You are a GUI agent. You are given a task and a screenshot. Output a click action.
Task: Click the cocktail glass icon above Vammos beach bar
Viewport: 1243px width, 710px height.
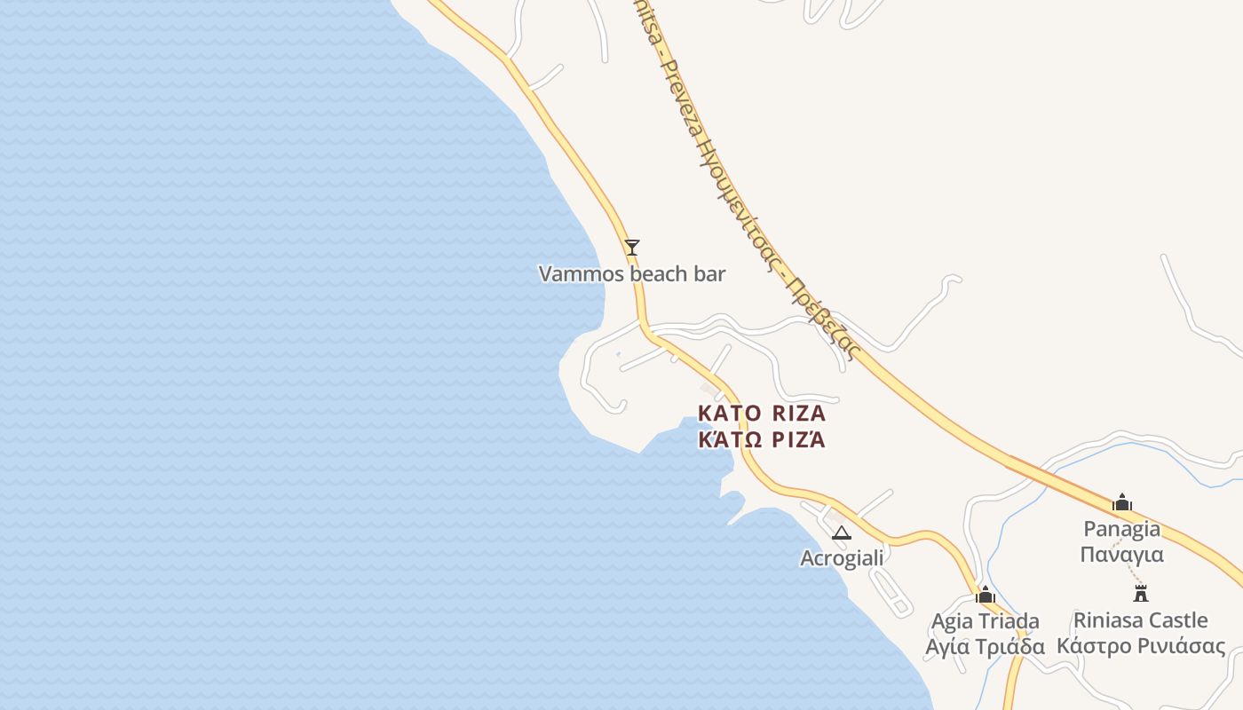pos(632,247)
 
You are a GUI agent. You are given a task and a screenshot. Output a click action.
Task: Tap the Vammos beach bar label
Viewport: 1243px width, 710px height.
pos(632,274)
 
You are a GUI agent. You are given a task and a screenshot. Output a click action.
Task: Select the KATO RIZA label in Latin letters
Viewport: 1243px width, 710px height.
pos(762,414)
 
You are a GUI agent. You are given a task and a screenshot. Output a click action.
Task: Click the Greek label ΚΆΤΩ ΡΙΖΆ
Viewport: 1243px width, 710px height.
pos(762,438)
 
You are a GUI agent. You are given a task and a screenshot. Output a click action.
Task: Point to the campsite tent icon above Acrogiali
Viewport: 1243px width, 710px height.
pos(841,533)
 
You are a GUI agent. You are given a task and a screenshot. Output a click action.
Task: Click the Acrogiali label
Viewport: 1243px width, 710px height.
pos(842,558)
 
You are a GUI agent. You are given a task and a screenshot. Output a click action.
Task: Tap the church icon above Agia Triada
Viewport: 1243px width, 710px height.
pos(985,595)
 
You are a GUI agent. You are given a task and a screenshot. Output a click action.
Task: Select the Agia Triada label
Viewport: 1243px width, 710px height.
pos(985,620)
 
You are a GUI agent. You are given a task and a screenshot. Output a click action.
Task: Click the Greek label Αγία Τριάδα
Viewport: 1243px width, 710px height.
pos(985,646)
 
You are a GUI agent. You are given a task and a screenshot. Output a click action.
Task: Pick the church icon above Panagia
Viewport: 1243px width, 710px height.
pos(1122,502)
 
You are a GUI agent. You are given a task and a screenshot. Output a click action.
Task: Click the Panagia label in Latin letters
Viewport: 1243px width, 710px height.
pos(1122,529)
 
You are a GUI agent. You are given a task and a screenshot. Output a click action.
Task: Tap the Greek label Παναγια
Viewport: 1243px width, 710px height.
pos(1122,555)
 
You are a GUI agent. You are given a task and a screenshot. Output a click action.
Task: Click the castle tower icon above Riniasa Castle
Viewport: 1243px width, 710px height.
pos(1141,593)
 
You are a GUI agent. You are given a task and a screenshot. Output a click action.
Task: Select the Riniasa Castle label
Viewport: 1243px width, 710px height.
pos(1141,619)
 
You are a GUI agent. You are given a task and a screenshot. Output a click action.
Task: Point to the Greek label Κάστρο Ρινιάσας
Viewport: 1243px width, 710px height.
pos(1141,645)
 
